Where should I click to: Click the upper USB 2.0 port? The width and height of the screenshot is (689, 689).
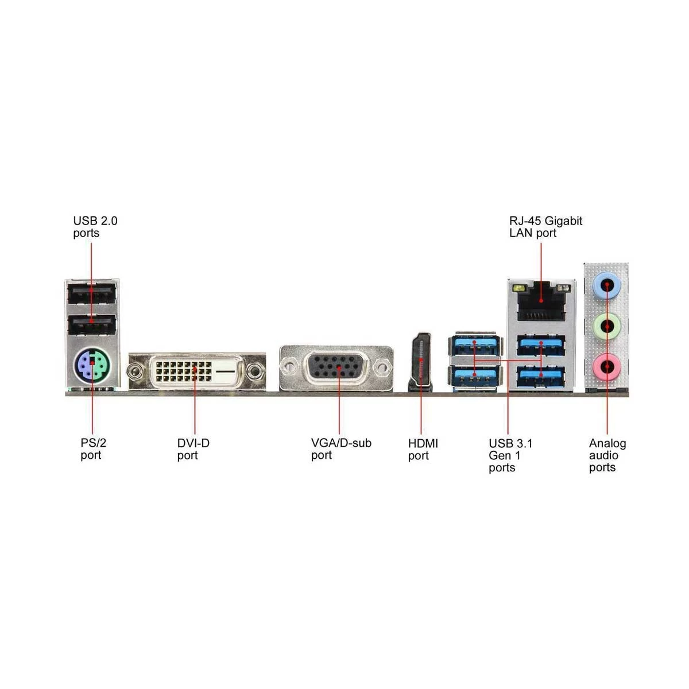pos(92,293)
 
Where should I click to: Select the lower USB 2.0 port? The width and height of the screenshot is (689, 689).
pos(92,324)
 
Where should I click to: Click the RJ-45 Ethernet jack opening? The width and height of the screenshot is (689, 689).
pos(541,300)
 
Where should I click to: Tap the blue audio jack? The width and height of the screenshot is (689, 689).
pos(606,285)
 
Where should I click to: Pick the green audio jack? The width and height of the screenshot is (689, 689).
pos(606,326)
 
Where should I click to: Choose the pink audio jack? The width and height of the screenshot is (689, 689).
pos(606,366)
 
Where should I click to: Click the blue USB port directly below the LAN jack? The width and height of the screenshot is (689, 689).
pos(541,345)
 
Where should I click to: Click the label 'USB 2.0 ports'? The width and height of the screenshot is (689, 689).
pos(95,227)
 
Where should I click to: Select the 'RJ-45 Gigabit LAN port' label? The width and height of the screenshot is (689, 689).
pos(545,227)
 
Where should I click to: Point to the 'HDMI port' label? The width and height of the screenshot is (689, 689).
pos(423,450)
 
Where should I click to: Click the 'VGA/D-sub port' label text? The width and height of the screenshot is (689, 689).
pos(341,449)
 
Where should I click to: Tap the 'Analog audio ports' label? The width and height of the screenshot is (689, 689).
pos(607,455)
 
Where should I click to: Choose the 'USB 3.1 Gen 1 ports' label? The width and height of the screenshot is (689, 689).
pos(510,455)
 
